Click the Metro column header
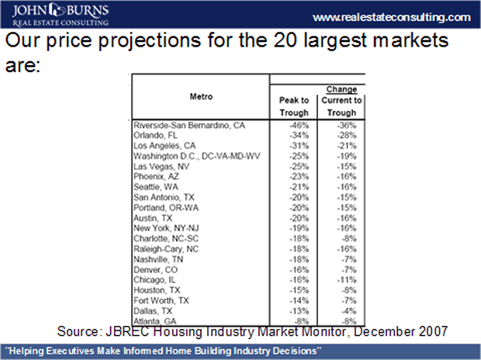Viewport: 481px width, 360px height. point(201,96)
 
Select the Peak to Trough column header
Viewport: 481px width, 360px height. point(294,106)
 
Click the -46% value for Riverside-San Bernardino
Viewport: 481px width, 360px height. point(299,124)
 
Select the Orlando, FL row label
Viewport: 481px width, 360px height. point(155,135)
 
